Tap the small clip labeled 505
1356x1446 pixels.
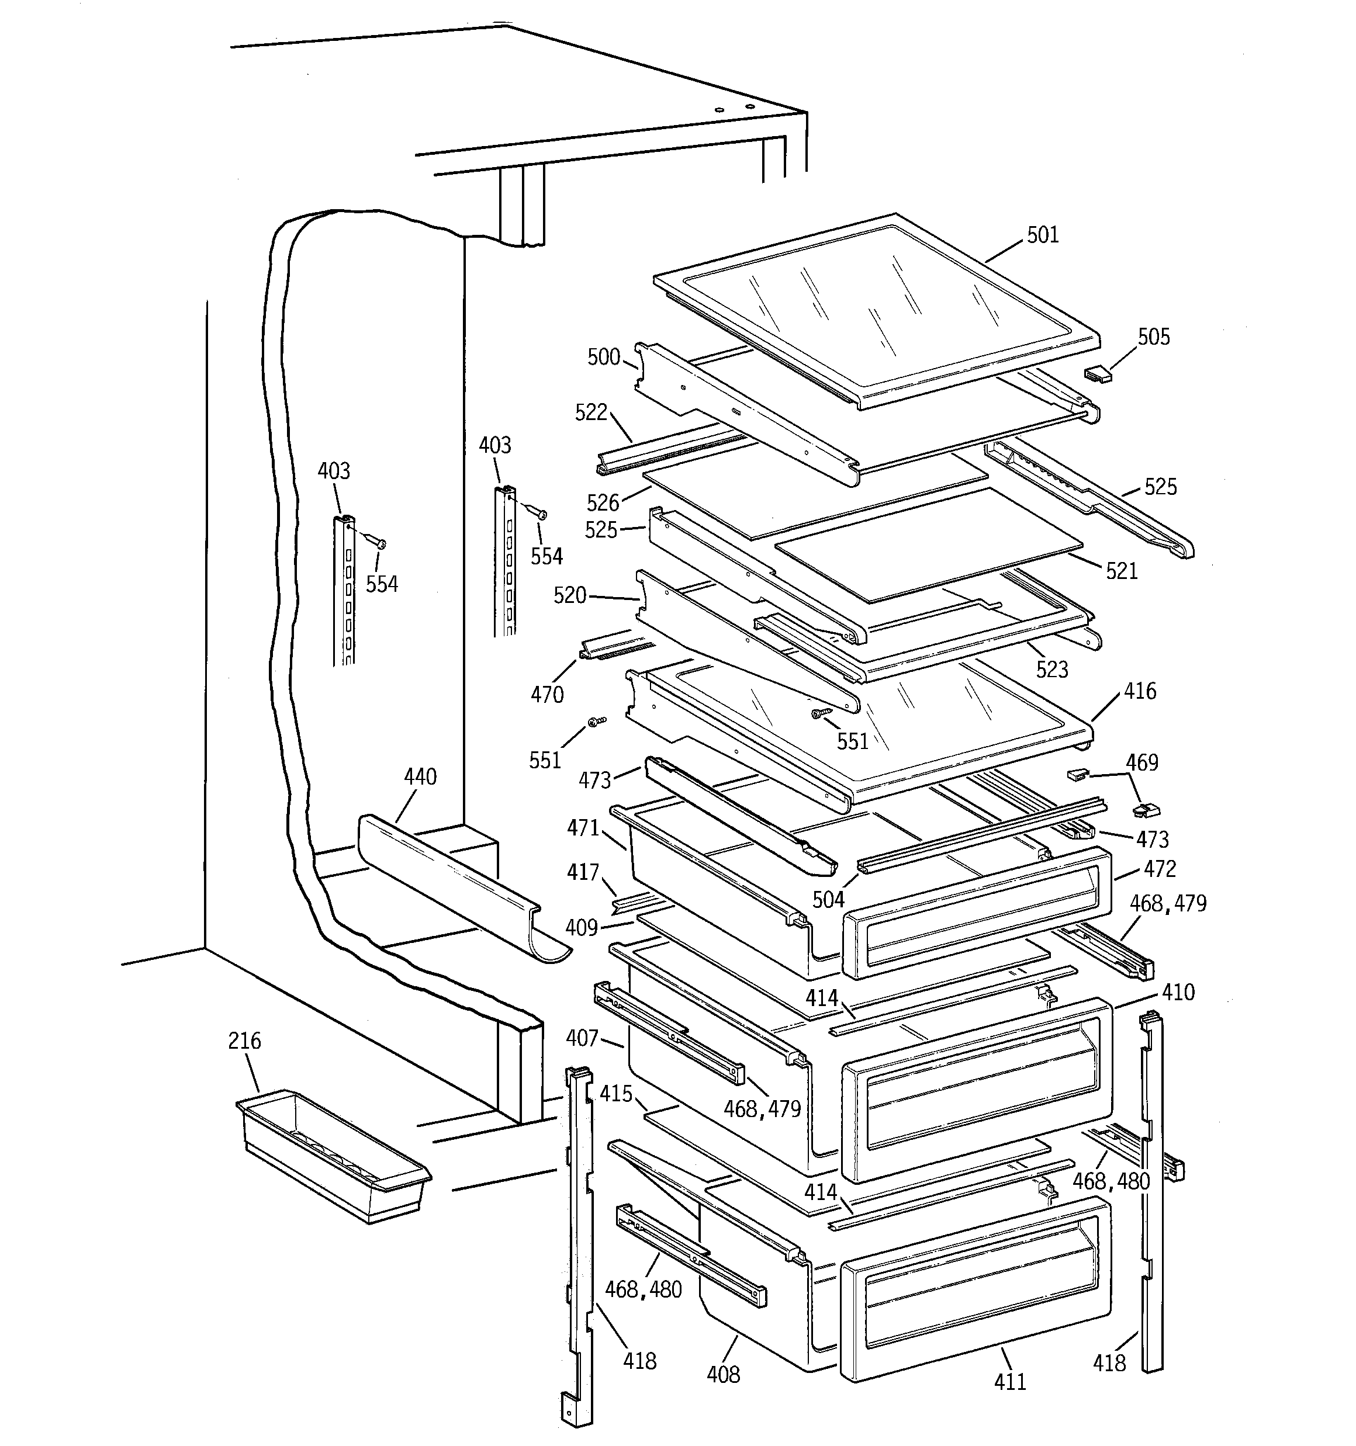tap(1098, 374)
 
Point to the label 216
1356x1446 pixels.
tap(244, 1041)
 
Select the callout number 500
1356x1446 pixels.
tap(603, 356)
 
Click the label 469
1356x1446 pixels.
tap(1141, 762)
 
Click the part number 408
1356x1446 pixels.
tap(723, 1374)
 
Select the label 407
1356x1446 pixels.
tap(582, 1038)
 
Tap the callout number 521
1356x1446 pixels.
tap(1122, 571)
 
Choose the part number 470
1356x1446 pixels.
tap(546, 695)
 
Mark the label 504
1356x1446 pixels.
tap(828, 900)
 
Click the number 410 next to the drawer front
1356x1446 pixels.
tap(1178, 992)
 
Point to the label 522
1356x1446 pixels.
tap(591, 412)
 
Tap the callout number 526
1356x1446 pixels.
tap(603, 502)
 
